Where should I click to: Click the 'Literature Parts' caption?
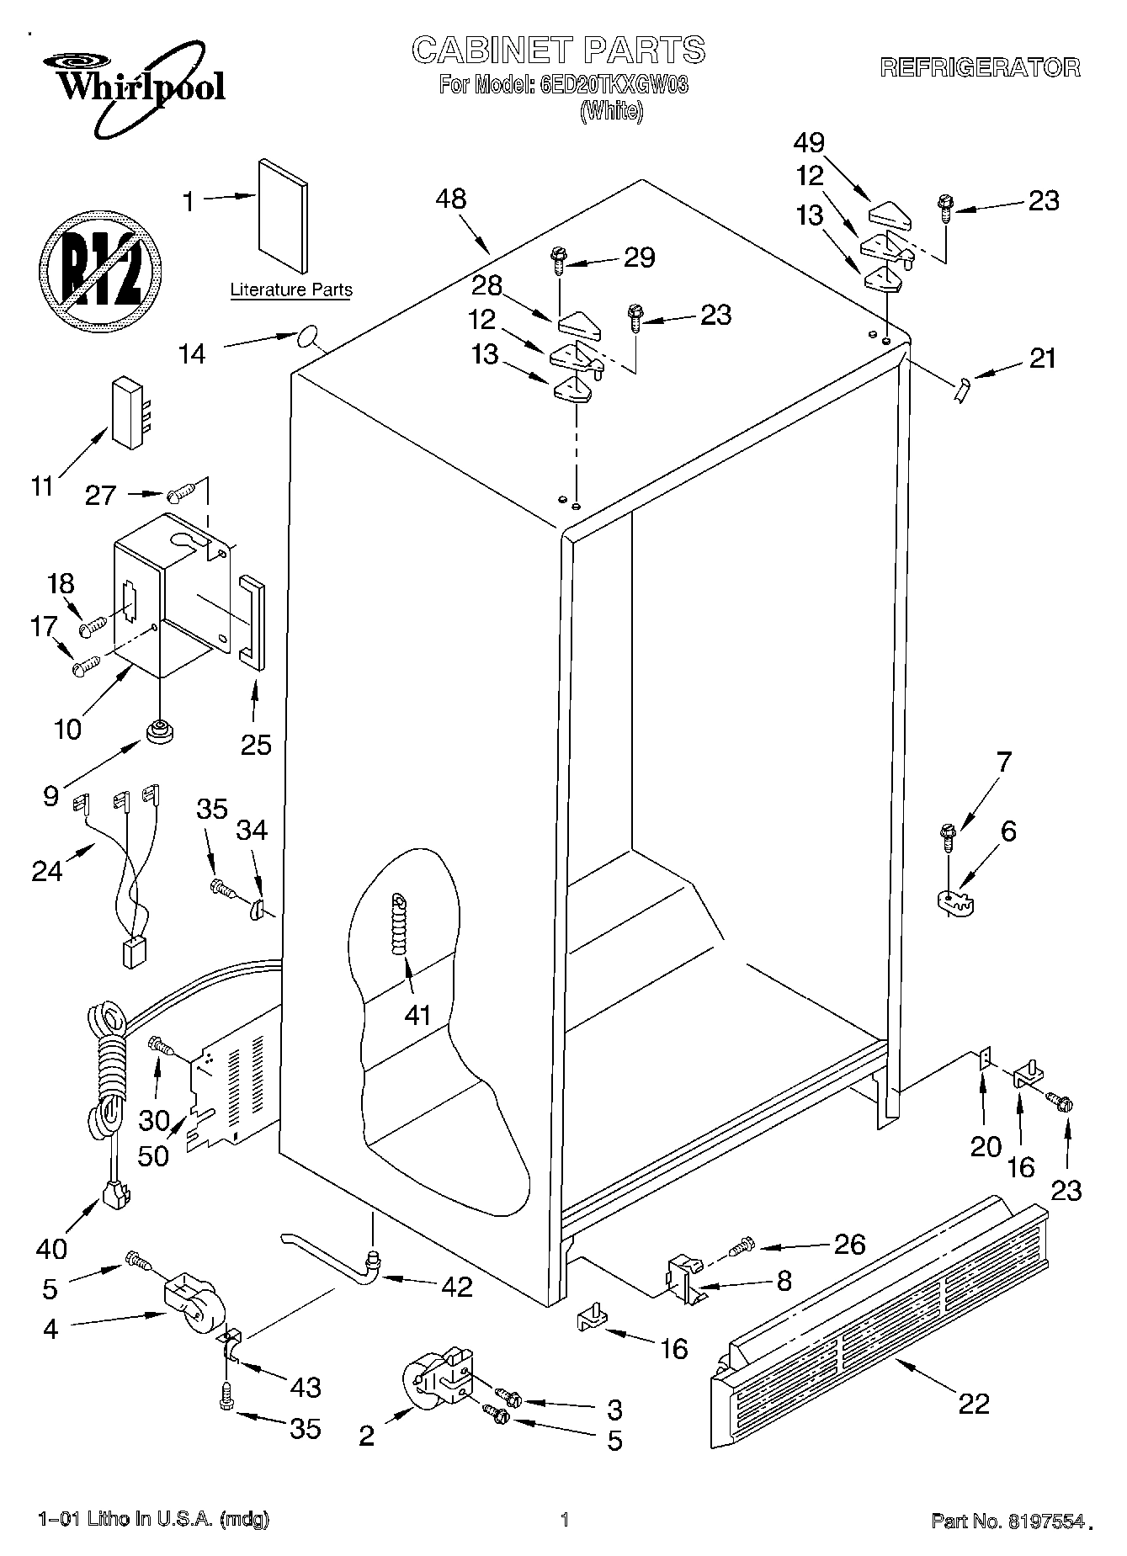[x=291, y=290]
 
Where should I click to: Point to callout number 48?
[x=451, y=199]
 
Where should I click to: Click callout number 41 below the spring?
[x=417, y=1015]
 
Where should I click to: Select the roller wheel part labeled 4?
[x=190, y=1303]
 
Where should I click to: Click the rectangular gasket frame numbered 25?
[x=251, y=621]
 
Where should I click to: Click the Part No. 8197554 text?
[x=1007, y=1520]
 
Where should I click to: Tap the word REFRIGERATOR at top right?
[x=980, y=68]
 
